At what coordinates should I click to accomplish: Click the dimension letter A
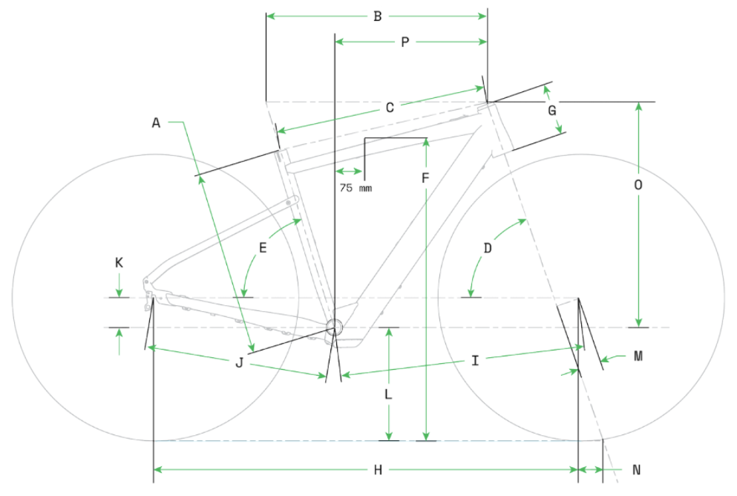click(x=156, y=123)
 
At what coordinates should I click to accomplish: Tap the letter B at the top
click(x=377, y=16)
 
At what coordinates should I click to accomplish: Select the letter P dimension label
click(x=404, y=42)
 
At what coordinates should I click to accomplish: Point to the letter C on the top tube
click(x=389, y=108)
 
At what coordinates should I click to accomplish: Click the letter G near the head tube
click(x=552, y=111)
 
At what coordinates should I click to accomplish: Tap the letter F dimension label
click(x=425, y=179)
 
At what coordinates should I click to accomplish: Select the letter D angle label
click(x=488, y=248)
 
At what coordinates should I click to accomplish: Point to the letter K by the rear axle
click(x=119, y=262)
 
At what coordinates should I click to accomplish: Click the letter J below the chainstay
click(x=239, y=362)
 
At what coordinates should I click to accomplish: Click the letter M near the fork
click(x=638, y=356)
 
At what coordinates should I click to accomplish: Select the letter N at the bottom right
click(x=636, y=470)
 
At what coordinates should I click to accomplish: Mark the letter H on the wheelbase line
click(x=377, y=470)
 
